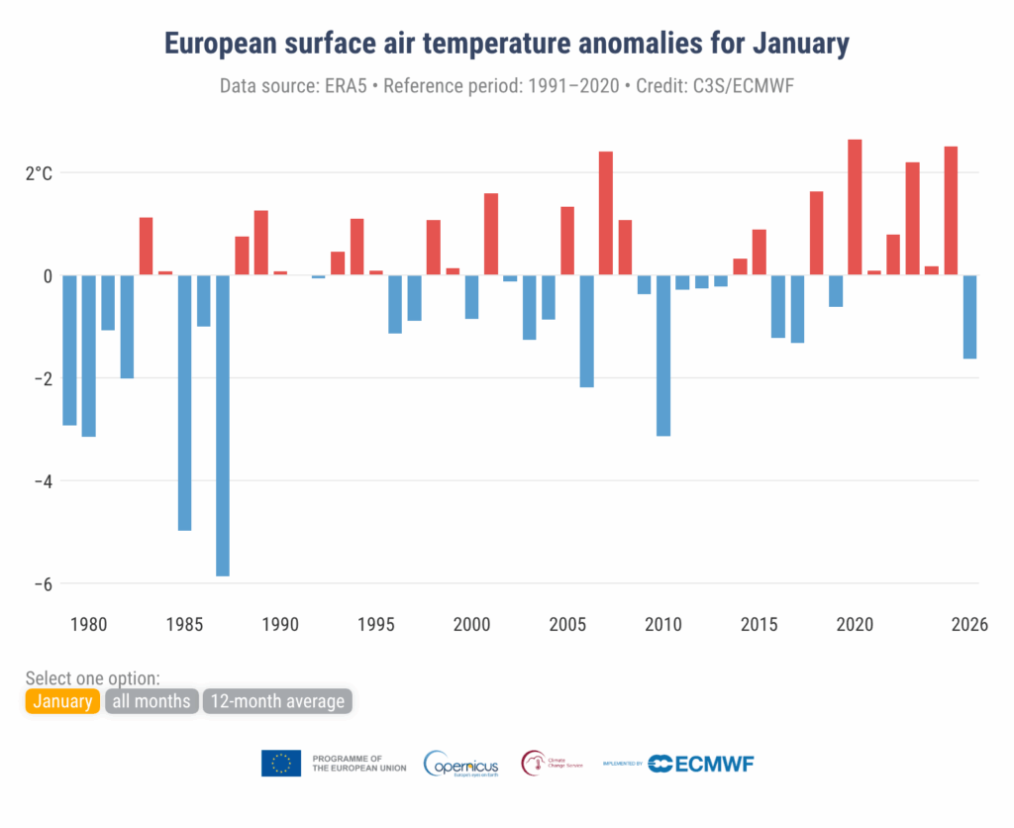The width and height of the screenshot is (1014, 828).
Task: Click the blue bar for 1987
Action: point(223,425)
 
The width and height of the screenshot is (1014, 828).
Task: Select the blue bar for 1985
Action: point(184,402)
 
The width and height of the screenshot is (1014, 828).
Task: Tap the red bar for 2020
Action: point(855,207)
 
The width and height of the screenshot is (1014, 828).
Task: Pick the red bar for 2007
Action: point(606,213)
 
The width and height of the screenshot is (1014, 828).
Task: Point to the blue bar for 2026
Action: point(969,316)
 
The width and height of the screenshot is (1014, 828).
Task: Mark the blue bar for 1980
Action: point(88,356)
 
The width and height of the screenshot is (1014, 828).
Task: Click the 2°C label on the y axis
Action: point(39,174)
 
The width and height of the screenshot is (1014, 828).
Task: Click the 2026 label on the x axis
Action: point(968,625)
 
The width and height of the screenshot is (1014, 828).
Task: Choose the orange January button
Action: point(62,702)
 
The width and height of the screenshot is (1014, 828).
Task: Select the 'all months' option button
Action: point(151,702)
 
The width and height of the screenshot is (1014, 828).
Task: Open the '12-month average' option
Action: point(277,702)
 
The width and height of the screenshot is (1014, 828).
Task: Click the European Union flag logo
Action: point(281,763)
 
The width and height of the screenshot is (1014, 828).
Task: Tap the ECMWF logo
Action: point(701,763)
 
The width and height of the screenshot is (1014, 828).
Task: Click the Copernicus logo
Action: point(460,764)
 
